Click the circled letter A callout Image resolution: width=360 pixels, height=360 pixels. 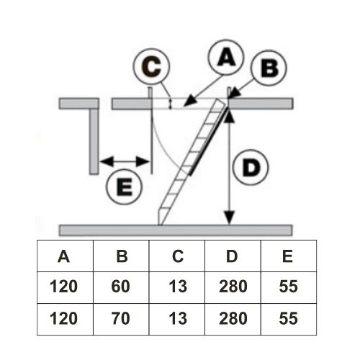pos(226,58)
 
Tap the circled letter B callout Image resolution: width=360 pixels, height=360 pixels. pos(269,68)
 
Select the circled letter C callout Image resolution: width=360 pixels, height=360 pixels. pos(152,66)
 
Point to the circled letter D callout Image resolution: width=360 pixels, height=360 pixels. pos(251,167)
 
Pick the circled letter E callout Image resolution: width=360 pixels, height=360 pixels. pos(125,186)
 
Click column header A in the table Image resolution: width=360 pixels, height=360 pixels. pos(64,256)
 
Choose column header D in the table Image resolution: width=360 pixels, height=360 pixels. pos(232,256)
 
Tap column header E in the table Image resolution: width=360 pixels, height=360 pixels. pos(288,256)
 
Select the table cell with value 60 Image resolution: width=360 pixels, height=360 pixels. pos(120,287)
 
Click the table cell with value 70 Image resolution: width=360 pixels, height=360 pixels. pos(120,318)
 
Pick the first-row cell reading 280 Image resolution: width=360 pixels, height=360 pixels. pos(233,287)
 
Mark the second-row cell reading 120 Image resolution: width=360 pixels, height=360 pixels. pos(64,318)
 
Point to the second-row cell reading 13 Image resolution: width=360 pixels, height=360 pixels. pos(178,318)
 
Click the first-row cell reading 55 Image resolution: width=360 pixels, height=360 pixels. pos(288,287)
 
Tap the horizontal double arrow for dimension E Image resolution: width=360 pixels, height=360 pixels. pos(125,161)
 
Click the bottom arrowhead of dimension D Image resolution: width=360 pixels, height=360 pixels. pos(230,218)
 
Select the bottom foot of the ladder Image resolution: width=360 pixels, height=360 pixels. pos(161,219)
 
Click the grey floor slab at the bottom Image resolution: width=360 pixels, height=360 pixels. pos(176,230)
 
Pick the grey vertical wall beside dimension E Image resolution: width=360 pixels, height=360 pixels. pos(94,141)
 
